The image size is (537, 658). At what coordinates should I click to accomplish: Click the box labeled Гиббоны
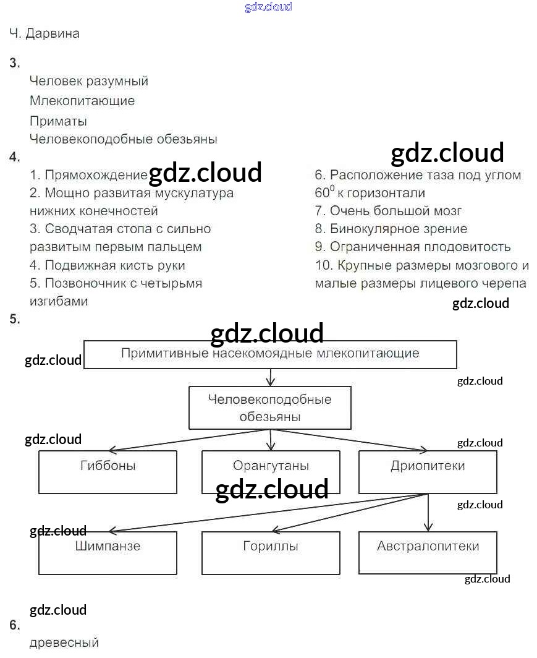click(x=108, y=472)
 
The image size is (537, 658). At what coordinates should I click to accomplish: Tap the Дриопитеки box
click(x=428, y=472)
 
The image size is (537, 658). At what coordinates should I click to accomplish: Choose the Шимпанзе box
click(x=108, y=553)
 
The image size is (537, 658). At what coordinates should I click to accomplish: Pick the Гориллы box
click(x=271, y=553)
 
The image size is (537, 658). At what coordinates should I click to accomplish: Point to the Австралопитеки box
click(x=428, y=553)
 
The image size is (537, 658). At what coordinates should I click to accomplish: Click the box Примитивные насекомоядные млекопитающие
click(x=270, y=354)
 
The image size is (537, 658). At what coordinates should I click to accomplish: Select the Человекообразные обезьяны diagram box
click(x=270, y=408)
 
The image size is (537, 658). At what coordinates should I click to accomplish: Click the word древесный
click(x=64, y=643)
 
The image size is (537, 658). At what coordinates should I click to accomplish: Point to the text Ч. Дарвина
click(x=44, y=33)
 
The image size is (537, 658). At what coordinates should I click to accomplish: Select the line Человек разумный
click(x=89, y=81)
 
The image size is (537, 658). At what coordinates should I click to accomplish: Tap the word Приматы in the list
click(x=58, y=121)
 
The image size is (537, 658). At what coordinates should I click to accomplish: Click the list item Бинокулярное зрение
click(x=398, y=229)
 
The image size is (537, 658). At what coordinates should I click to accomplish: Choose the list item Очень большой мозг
click(x=395, y=211)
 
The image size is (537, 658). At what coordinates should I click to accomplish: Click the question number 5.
click(x=15, y=319)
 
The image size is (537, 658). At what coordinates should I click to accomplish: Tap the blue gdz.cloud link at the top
click(x=268, y=7)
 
